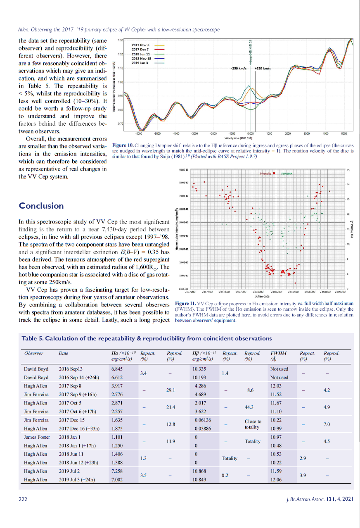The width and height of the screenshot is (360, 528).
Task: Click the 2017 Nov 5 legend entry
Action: point(140,45)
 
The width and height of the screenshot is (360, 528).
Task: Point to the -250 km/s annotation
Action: point(239,68)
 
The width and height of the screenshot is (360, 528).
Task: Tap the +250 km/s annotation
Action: point(262,68)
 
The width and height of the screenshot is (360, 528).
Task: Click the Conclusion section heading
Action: point(41,206)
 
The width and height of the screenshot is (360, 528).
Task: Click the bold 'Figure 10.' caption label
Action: point(123,145)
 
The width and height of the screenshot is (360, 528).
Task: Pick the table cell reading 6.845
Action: point(117,369)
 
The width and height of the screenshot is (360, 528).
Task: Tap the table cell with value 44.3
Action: point(249,407)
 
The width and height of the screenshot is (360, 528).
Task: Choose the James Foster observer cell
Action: point(37,437)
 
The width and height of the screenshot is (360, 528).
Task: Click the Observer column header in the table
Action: point(33,353)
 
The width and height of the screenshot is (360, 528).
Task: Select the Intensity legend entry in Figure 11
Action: point(266,174)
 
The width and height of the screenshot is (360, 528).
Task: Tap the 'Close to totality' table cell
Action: point(253,424)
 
